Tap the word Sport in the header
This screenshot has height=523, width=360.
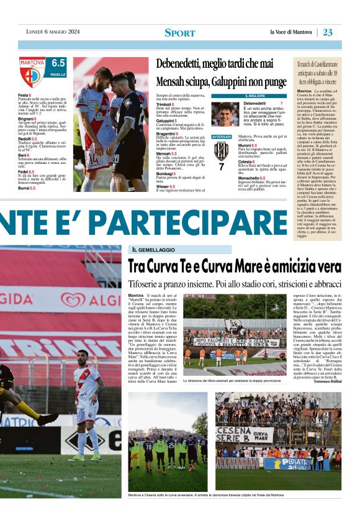pos(180,33)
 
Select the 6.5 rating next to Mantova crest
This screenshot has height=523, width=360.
pos(58,63)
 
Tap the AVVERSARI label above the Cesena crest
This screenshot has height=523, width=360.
pos(222,136)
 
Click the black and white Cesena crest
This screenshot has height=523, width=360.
pos(222,151)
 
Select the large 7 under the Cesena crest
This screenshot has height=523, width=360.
pos(222,167)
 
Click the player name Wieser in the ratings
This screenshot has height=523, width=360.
pos(164,184)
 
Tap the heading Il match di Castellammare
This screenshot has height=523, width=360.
pos(317,64)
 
